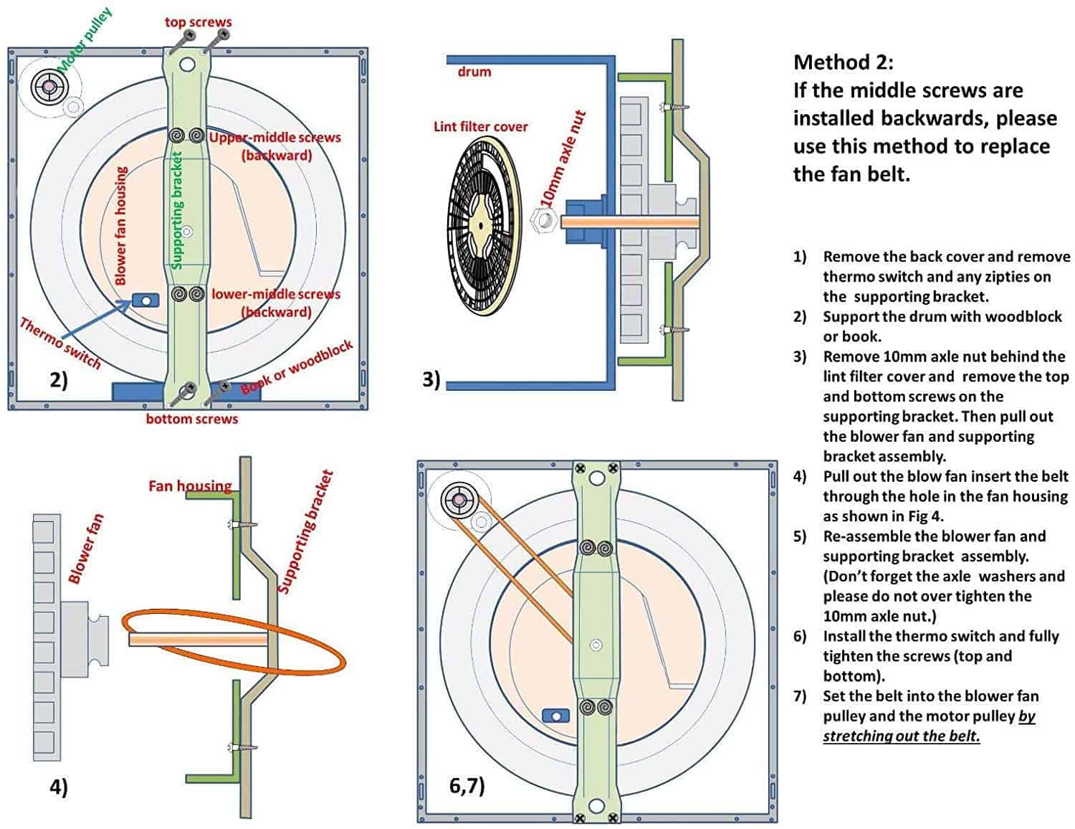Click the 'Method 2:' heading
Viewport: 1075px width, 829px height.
click(843, 62)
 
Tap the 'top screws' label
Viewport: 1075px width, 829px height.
click(198, 22)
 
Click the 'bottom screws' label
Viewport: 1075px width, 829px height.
click(191, 419)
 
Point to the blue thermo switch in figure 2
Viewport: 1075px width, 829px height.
click(145, 300)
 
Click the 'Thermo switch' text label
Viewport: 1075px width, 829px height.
click(59, 344)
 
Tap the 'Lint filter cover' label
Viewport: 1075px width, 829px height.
click(480, 127)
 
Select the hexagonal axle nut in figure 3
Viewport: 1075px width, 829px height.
click(542, 219)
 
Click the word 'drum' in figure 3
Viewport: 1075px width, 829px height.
click(474, 72)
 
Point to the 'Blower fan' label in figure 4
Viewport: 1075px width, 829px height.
click(85, 549)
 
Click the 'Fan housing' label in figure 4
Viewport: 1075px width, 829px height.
click(190, 486)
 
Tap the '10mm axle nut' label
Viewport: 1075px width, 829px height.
click(564, 159)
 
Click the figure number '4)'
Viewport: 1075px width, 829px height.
click(58, 787)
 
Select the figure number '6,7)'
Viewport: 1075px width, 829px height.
click(467, 785)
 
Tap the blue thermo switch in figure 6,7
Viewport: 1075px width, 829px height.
click(555, 716)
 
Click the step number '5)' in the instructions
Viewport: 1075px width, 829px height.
click(800, 536)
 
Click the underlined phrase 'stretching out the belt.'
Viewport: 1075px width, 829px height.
click(901, 736)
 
